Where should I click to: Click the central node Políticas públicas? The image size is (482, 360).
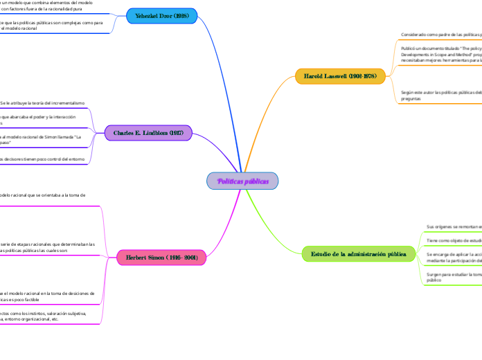pyautogui.click(x=242, y=181)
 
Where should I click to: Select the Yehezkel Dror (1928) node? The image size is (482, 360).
pyautogui.click(x=162, y=15)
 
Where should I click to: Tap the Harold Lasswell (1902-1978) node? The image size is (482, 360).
pyautogui.click(x=340, y=76)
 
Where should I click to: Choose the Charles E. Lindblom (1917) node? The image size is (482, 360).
pyautogui.click(x=148, y=133)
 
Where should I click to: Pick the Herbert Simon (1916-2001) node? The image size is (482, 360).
pyautogui.click(x=161, y=258)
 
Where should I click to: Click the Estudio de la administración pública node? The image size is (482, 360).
pyautogui.click(x=359, y=254)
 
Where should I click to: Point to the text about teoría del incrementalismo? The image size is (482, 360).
pyautogui.click(x=43, y=102)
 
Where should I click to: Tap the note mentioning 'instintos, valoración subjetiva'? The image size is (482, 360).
pyautogui.click(x=45, y=316)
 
